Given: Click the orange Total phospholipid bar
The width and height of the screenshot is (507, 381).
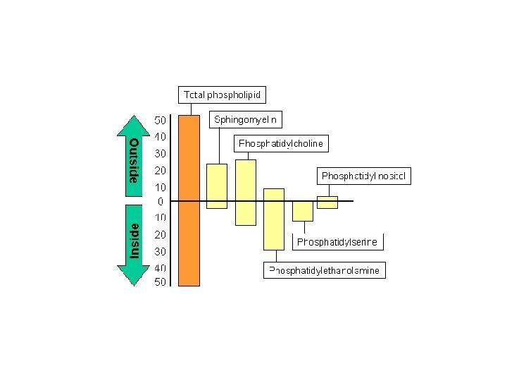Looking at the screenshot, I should (x=189, y=200).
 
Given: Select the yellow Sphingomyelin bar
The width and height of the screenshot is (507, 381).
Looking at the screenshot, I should (x=218, y=186).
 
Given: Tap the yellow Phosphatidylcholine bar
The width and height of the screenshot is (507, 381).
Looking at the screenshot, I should (x=246, y=192).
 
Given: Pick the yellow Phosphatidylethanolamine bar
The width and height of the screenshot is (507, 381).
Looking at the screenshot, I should (x=274, y=219).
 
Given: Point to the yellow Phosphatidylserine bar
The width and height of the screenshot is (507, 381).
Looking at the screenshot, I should (x=303, y=211).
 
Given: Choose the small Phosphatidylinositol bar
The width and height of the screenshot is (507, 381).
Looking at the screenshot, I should (x=327, y=202).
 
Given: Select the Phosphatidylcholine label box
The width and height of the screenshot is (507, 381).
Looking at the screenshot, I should (x=281, y=144).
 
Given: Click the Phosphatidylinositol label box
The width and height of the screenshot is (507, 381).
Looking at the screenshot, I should (x=365, y=176).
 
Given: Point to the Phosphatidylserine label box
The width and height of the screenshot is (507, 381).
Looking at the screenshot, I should (x=337, y=242).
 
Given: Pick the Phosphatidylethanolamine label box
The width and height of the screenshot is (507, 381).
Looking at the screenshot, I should (x=325, y=270).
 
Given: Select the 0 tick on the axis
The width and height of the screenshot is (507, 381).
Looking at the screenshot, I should (x=160, y=202).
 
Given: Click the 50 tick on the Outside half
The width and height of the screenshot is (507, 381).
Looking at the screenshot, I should (x=160, y=120).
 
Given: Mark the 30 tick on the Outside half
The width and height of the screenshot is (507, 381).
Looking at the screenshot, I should (x=160, y=153).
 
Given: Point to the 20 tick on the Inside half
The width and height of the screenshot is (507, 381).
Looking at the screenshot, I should (x=160, y=234).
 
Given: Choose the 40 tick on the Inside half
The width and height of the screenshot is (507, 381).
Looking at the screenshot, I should (x=160, y=268).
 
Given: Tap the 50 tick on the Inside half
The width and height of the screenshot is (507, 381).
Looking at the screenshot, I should (x=160, y=282).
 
